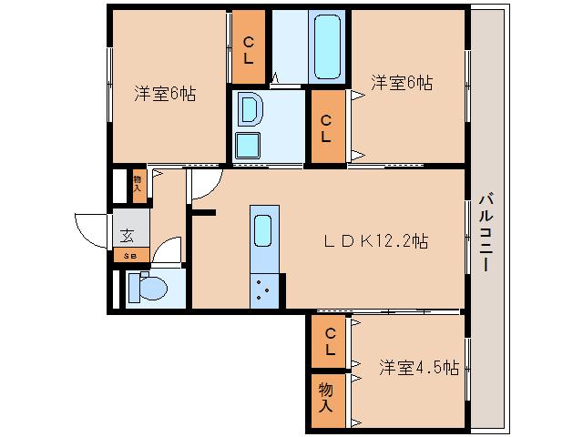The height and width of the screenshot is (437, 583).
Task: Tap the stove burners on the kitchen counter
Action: [262, 289]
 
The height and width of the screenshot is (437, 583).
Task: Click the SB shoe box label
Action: [129, 256]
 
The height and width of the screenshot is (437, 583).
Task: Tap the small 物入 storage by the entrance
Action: [138, 185]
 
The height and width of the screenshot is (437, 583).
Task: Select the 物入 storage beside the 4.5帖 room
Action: [326, 398]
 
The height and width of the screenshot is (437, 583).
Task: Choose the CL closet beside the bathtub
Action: [248, 47]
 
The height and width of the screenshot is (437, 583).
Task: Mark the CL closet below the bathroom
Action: [326, 127]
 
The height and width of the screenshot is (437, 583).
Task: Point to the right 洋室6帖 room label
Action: [401, 83]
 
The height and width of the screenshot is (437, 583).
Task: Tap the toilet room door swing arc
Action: [166, 252]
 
